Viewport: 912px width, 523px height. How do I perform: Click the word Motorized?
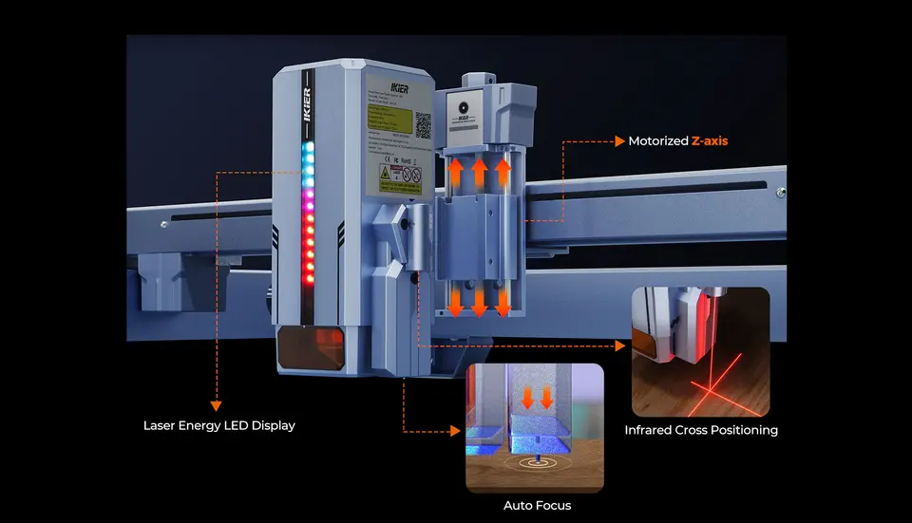(658, 140)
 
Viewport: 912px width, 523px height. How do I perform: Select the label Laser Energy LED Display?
(218, 426)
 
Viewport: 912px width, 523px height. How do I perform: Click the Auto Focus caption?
(538, 506)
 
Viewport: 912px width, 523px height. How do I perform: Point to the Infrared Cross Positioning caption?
(701, 430)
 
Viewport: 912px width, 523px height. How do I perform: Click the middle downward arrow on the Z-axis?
(480, 301)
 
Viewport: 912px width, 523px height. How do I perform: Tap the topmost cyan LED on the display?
(306, 150)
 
